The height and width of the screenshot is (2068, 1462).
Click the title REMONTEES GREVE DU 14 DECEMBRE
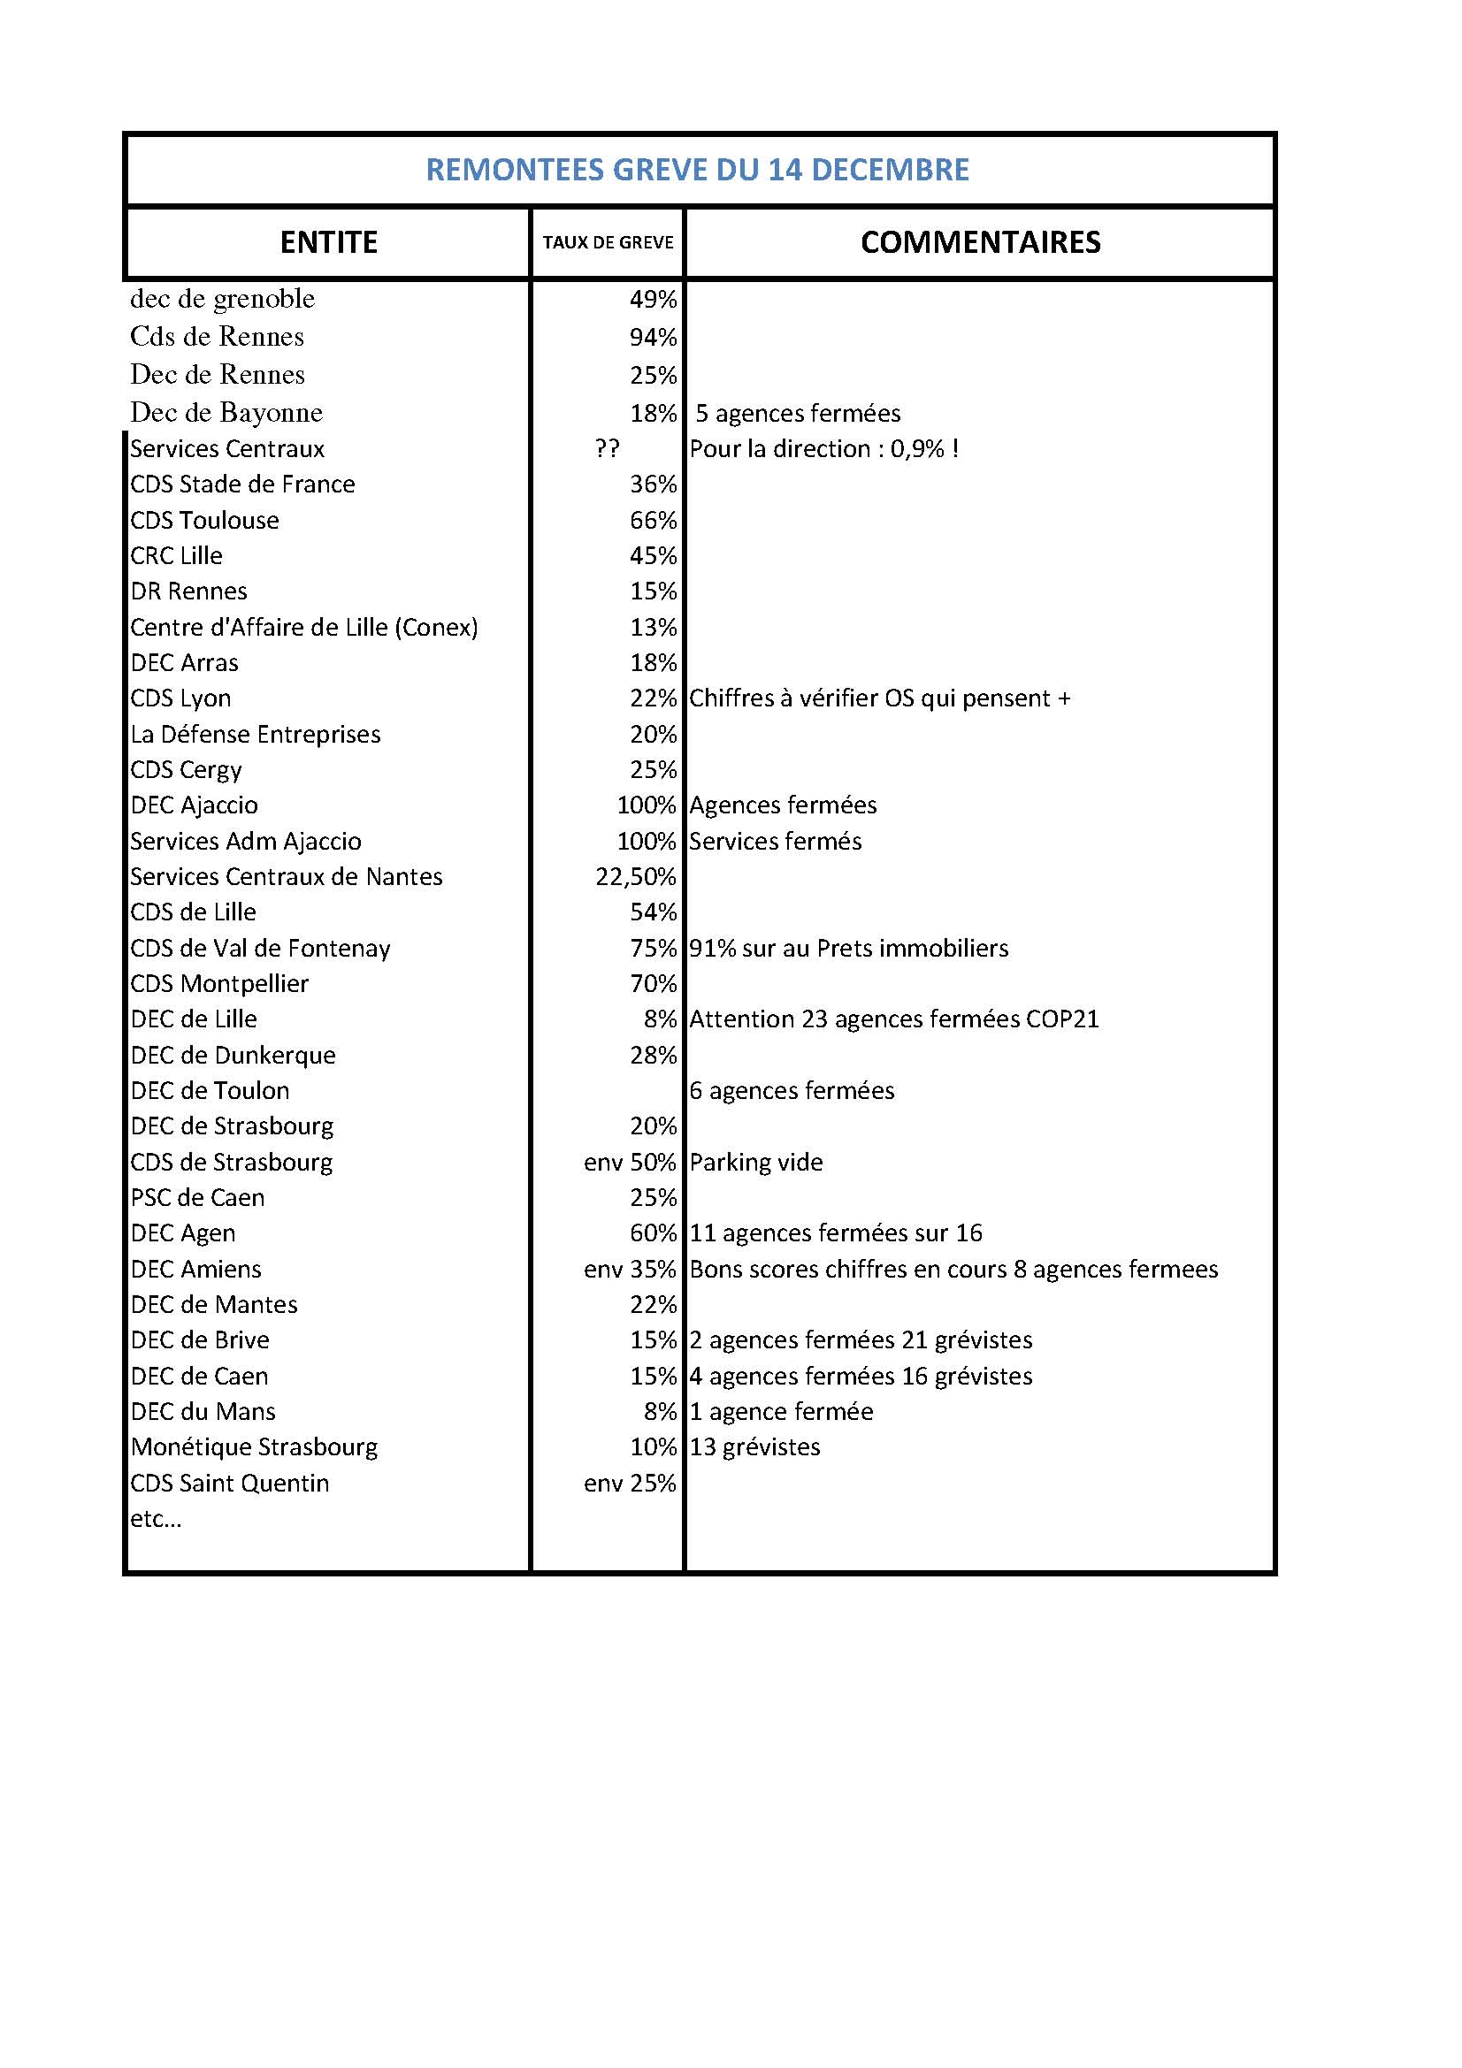point(697,170)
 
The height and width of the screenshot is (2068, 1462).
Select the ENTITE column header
point(328,242)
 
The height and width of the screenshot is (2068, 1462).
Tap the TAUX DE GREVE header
point(608,242)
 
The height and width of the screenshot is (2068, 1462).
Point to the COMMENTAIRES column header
point(980,242)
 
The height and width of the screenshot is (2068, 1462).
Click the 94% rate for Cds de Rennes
point(653,338)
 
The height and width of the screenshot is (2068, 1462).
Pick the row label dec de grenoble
point(223,299)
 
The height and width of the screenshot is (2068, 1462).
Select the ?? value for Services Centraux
point(607,448)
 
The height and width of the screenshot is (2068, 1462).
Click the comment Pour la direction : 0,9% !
point(823,448)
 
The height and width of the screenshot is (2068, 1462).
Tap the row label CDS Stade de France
point(242,485)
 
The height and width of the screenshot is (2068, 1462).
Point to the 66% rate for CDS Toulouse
point(653,521)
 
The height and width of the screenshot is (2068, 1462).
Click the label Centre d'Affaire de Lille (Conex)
point(303,627)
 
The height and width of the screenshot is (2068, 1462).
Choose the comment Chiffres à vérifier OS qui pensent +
point(879,698)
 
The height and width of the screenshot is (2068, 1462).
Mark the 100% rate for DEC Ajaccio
point(646,805)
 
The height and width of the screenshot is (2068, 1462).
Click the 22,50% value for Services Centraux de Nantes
point(635,876)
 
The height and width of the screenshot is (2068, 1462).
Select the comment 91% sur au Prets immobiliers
point(848,948)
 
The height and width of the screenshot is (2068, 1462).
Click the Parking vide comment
point(756,1162)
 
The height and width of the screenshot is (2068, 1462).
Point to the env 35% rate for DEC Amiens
point(630,1269)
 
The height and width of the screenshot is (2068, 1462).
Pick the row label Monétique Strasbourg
point(254,1446)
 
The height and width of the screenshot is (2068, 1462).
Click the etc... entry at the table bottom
point(156,1519)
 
